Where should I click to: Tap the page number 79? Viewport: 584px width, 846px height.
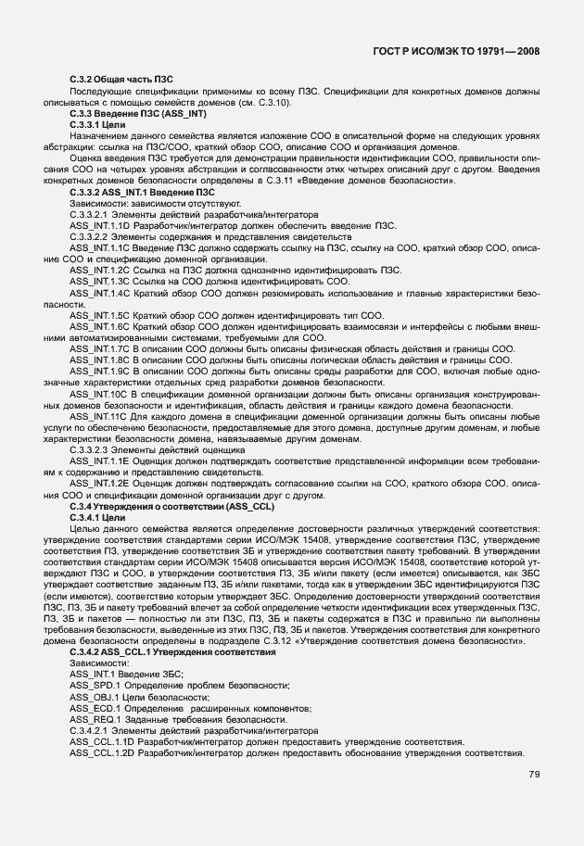(535, 775)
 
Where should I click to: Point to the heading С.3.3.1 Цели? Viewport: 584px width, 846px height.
(95, 123)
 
